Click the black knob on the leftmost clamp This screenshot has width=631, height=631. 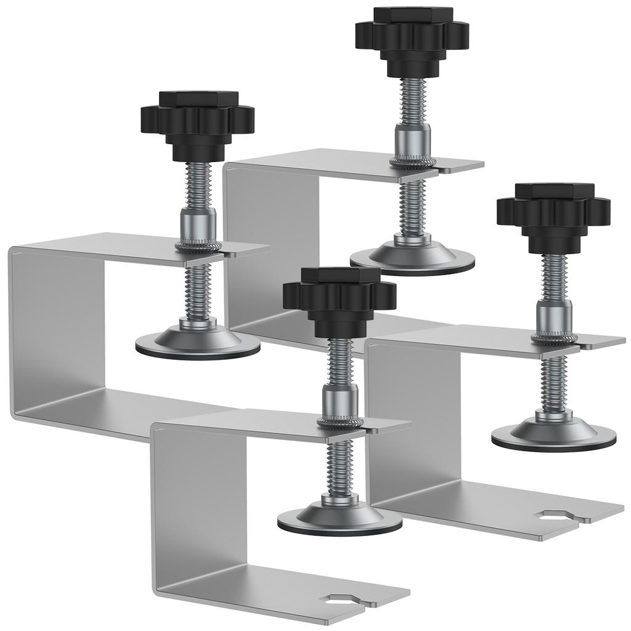(x=197, y=120)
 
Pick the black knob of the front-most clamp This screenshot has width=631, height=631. (x=340, y=296)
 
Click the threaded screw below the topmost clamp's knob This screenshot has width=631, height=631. (x=412, y=102)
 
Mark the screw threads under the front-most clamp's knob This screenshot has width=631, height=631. (x=340, y=364)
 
